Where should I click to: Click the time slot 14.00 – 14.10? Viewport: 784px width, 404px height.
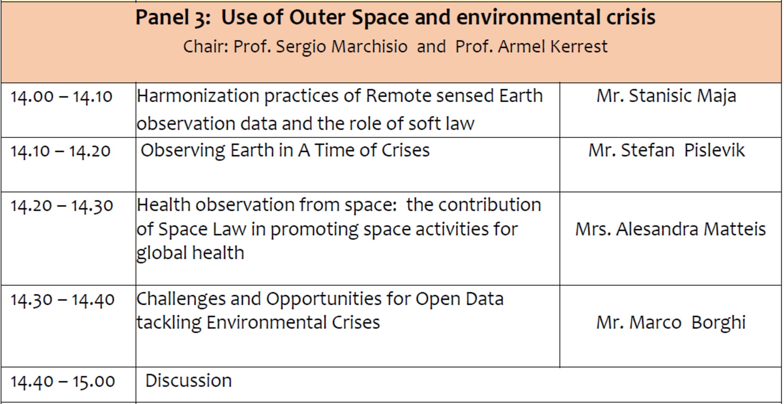(61, 97)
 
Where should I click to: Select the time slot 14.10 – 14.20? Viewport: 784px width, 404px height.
(61, 151)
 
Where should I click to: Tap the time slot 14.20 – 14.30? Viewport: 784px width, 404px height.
(62, 206)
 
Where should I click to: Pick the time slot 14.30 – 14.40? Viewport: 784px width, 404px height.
(62, 300)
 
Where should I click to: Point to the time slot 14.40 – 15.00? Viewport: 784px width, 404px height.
(62, 382)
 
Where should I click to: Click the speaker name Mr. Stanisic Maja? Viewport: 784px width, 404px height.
(666, 96)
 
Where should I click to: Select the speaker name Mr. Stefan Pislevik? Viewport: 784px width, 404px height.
(666, 151)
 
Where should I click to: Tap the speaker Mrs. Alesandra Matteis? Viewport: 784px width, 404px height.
(670, 229)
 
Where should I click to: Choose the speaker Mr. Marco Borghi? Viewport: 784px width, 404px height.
(671, 323)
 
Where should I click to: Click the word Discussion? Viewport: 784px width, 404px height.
(188, 381)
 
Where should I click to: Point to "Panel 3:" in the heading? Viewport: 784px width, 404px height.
(173, 18)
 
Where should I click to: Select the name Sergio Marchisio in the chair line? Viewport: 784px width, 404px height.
(341, 47)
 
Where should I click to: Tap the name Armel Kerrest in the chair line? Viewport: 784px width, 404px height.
(553, 47)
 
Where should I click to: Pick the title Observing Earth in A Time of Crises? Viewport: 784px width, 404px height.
(285, 151)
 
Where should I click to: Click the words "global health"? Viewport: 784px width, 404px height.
(190, 253)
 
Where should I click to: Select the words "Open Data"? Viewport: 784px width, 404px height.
(459, 299)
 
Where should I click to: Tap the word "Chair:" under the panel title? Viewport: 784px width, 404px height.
(206, 47)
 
